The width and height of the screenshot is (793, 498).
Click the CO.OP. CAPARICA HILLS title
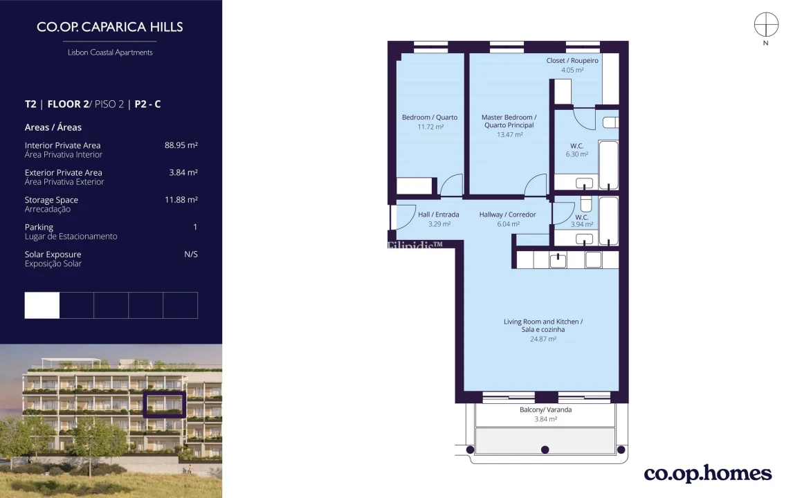110,28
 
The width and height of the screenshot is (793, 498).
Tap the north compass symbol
766,26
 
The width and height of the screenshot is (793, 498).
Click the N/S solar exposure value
190,255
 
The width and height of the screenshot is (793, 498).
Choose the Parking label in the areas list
39,227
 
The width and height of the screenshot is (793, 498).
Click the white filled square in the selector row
42,305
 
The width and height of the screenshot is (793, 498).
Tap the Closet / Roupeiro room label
572,61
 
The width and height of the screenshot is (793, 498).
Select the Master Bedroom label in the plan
509,121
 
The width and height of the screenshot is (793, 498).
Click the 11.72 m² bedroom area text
430,127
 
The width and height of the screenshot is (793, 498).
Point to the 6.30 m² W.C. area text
576,155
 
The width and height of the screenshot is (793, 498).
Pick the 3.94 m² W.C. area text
581,224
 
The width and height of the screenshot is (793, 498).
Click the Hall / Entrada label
438,214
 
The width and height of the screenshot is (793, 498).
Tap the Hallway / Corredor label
507,214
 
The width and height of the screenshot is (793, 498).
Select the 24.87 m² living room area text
543,339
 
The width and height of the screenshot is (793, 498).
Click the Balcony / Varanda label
545,410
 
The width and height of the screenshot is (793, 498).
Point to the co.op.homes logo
707,474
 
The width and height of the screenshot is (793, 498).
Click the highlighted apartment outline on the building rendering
164,405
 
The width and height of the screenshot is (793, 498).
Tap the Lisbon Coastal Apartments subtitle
110,53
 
